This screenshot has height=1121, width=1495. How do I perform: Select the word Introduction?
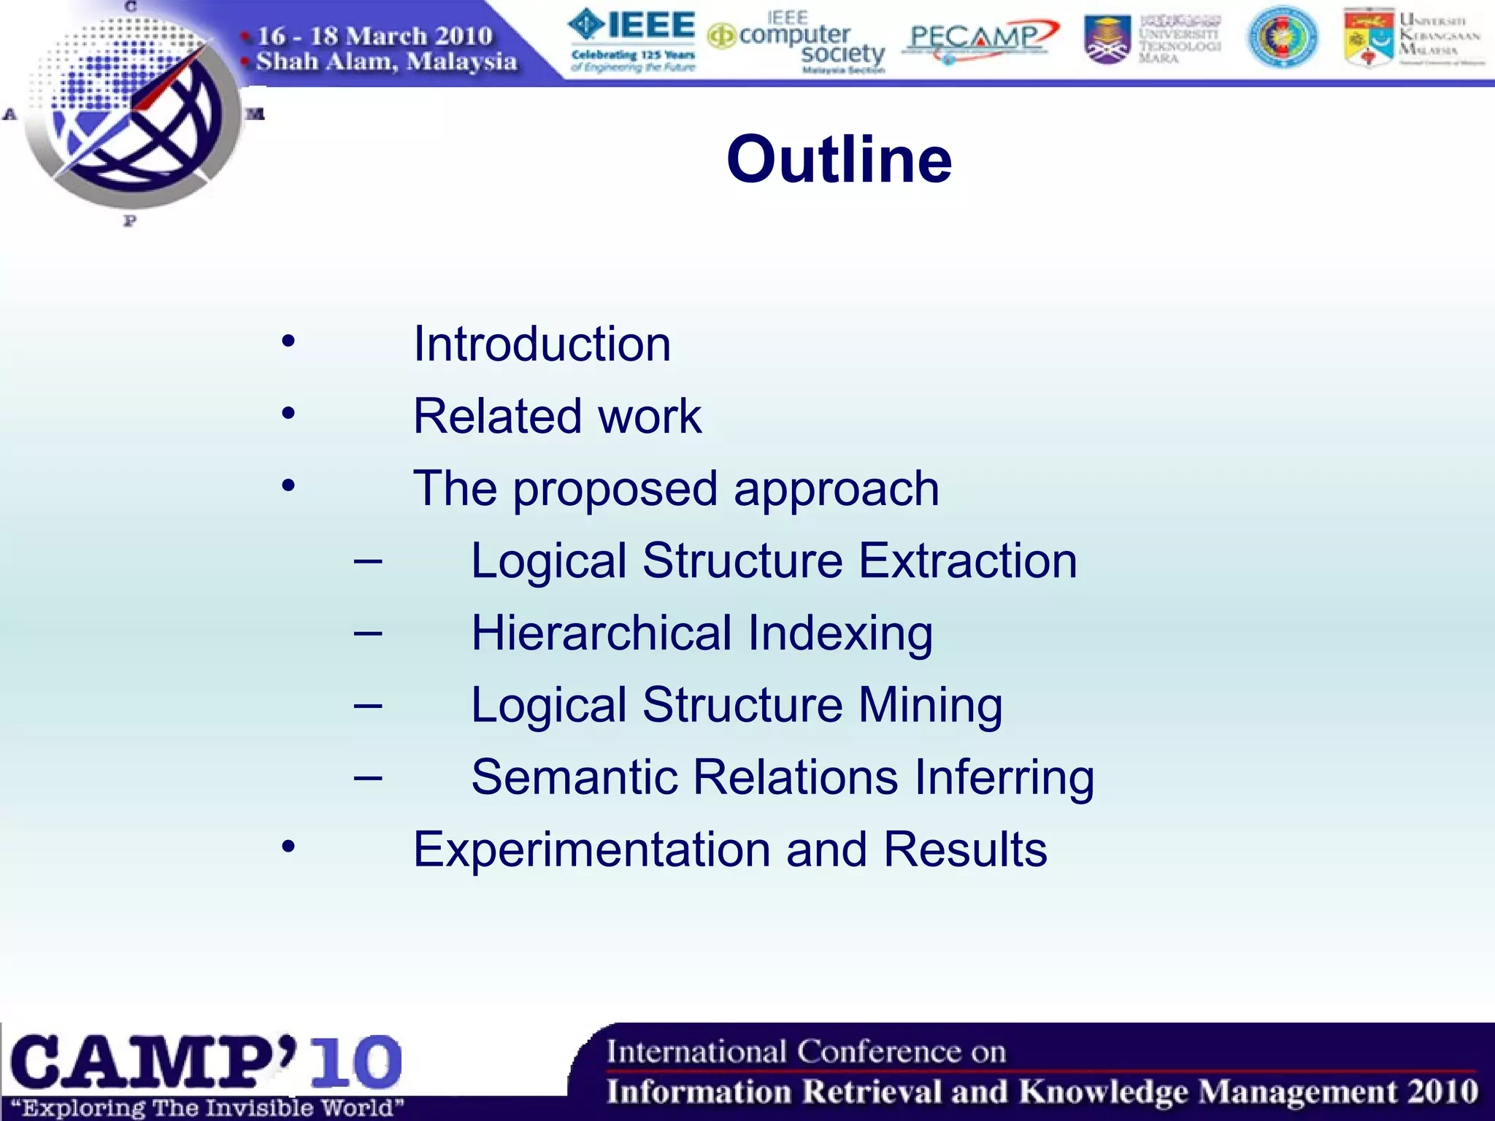point(542,344)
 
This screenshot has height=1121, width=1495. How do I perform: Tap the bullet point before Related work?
point(289,414)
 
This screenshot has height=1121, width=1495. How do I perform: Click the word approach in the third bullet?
point(837,489)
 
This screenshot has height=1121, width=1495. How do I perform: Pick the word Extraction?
point(967,560)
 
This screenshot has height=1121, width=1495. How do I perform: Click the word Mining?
point(930,705)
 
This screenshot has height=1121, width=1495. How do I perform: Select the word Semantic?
point(574,777)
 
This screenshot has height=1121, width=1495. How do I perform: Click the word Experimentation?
point(591,849)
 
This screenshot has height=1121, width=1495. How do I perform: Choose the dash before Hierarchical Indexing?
point(368,633)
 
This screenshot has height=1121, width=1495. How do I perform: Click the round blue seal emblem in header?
point(1282,36)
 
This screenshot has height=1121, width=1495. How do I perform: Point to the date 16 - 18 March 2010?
point(374,35)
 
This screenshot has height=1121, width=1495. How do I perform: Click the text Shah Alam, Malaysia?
point(386,61)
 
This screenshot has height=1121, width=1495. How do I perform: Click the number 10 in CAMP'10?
point(356,1061)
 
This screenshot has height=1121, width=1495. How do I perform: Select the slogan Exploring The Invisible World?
point(207,1108)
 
